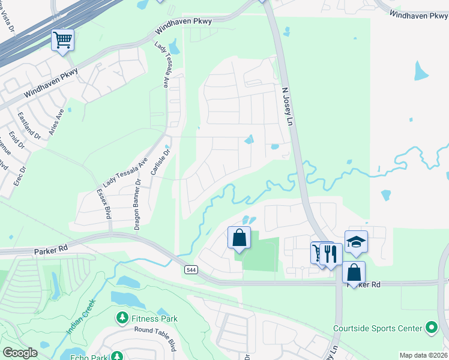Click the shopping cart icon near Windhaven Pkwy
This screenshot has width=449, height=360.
tap(62, 40)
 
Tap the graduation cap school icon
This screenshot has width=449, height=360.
tap(356, 241)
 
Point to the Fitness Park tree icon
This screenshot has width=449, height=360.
tap(122, 316)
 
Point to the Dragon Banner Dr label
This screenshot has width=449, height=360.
tap(137, 204)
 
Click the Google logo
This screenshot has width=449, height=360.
tap(20, 353)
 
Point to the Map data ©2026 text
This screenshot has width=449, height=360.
tap(423, 355)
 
